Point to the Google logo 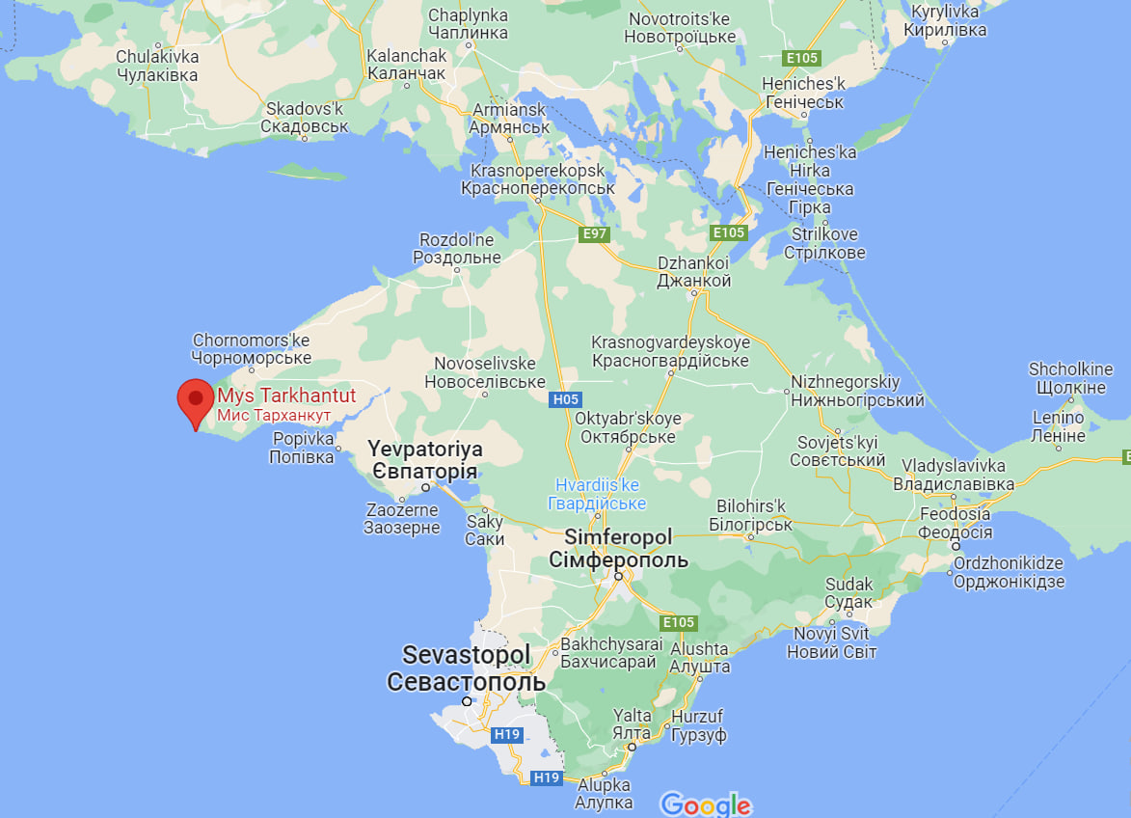coord(705,804)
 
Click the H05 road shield coord(566,398)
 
